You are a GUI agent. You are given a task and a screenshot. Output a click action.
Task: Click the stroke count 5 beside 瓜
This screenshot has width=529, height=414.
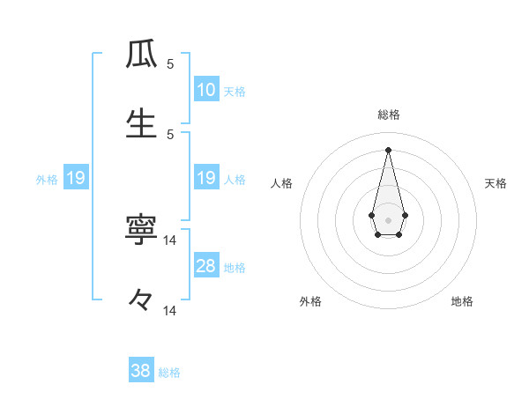point(170,64)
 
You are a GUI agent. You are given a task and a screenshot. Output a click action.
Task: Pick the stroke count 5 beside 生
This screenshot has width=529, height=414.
point(170,134)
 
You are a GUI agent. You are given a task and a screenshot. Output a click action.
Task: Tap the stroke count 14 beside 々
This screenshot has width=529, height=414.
point(170,310)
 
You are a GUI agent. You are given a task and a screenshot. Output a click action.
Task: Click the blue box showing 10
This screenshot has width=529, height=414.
point(206,90)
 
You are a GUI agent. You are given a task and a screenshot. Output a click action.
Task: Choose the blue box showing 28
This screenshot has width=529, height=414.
point(206,266)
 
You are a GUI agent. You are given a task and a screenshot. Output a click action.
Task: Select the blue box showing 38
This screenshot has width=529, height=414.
point(141,371)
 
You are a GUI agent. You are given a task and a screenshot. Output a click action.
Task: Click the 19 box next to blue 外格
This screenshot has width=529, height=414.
point(75,178)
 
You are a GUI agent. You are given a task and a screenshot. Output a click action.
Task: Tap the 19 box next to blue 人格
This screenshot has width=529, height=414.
point(206,178)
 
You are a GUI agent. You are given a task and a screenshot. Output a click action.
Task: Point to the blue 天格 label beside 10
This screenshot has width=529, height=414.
point(235,91)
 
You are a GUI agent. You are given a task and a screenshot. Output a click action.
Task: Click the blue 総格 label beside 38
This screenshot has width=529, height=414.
point(169,372)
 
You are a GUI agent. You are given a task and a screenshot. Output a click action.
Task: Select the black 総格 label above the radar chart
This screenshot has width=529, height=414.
point(389,115)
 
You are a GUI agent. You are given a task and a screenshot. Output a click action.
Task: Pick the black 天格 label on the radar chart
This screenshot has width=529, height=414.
point(496,183)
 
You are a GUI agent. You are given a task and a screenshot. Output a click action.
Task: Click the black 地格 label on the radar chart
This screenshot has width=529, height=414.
point(462,301)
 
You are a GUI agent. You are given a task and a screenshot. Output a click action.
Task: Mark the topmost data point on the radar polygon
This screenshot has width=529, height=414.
point(389,150)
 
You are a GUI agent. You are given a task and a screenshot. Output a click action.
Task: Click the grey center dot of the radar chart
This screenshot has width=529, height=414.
point(389,218)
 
